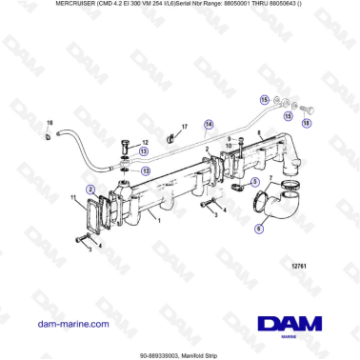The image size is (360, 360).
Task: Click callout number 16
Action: pos(50,123)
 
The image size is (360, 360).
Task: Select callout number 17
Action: pos(184,126)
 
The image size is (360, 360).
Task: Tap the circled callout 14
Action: pos(210,123)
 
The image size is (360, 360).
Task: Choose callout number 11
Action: pos(72,198)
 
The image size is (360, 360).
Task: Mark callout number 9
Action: pos(229,140)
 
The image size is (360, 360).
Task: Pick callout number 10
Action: pos(229,148)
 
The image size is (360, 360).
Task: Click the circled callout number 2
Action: pos(90,190)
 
